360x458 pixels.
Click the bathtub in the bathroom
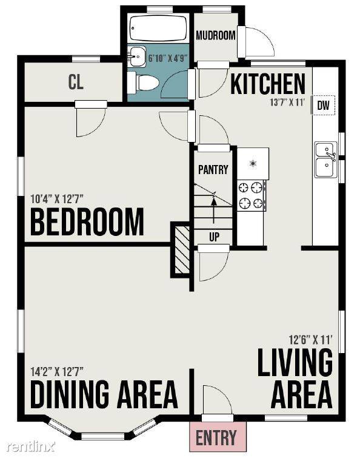pyautogui.click(x=158, y=29)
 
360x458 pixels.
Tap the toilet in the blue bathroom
pyautogui.click(x=143, y=83)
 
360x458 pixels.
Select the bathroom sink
pyautogui.click(x=136, y=56)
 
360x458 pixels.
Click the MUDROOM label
pyautogui.click(x=216, y=36)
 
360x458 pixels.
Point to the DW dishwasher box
pyautogui.click(x=323, y=105)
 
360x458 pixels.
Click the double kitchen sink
pyautogui.click(x=326, y=160)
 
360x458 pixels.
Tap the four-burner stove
pyautogui.click(x=252, y=195)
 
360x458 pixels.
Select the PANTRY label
pyautogui.click(x=213, y=169)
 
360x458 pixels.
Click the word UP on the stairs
pyautogui.click(x=214, y=237)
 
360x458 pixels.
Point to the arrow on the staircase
pyautogui.click(x=214, y=209)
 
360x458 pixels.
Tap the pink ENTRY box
pyautogui.click(x=218, y=437)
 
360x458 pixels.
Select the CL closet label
pyautogui.click(x=76, y=82)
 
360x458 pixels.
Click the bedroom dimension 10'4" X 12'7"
pyautogui.click(x=57, y=199)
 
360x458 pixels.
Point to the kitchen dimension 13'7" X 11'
pyautogui.click(x=287, y=103)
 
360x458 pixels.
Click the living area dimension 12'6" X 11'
pyautogui.click(x=311, y=340)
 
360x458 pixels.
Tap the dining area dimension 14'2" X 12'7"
pyautogui.click(x=57, y=371)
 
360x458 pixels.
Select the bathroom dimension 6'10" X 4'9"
pyautogui.click(x=167, y=58)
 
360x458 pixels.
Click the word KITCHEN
pyautogui.click(x=267, y=84)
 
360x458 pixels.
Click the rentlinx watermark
pyautogui.click(x=32, y=446)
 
